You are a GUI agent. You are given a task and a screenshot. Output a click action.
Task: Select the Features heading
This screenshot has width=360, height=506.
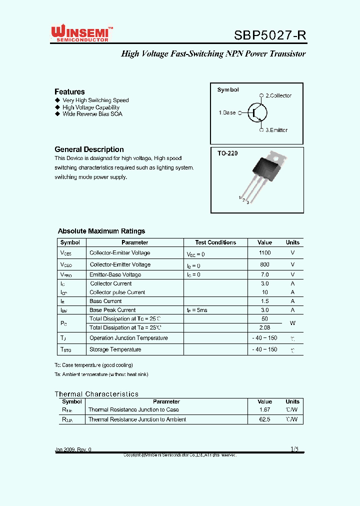69,91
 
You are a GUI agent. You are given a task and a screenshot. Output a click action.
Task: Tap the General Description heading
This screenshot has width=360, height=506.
89,149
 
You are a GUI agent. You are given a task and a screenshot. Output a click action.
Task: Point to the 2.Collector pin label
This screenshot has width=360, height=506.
278,95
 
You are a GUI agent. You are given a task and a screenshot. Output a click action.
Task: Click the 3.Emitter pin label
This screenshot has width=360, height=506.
276,130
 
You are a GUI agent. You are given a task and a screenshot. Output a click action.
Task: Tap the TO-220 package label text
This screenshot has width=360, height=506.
227,153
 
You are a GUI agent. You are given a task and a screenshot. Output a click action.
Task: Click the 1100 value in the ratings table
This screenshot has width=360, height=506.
264,253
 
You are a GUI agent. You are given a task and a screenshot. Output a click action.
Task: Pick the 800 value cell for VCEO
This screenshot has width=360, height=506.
264,264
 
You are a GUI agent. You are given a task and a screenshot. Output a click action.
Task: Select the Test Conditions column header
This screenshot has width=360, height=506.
215,242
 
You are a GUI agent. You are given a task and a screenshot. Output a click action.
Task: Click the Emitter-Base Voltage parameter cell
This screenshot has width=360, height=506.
115,274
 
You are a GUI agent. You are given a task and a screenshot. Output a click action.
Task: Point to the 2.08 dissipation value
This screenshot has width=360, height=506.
264,327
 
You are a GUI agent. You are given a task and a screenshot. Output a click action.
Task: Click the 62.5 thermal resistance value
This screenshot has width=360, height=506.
264,419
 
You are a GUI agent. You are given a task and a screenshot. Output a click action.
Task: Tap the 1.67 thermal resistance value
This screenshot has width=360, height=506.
264,409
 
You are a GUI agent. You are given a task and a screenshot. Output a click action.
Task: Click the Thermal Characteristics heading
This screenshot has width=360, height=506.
96,394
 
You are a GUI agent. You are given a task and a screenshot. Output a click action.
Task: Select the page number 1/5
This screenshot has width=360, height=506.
294,449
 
